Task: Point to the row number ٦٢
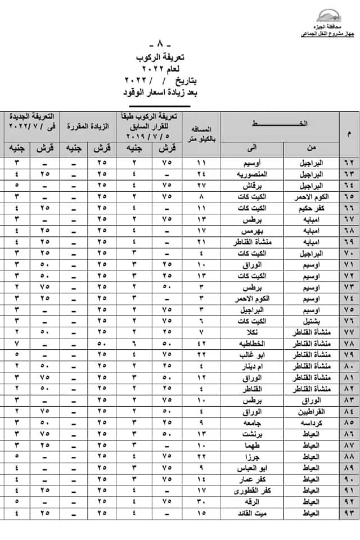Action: click(348, 163)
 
